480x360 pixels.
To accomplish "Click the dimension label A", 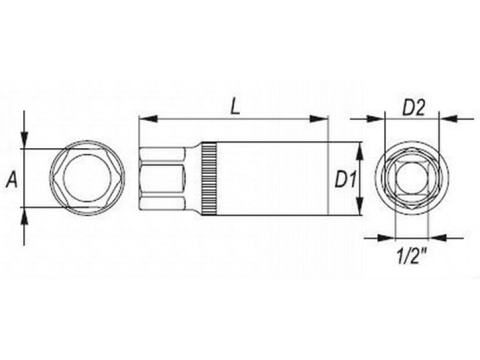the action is coord(12,179).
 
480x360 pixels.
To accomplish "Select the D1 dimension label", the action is coord(346,179).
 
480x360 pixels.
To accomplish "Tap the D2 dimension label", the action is coord(413,108).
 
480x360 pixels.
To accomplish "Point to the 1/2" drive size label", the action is coord(412,256).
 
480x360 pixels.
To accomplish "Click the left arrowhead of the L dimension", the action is coord(148,119).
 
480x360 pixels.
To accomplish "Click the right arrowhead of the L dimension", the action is coord(319,119).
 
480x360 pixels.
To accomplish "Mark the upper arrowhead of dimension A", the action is coord(24,140).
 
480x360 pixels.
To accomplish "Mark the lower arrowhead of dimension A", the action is coord(24,216).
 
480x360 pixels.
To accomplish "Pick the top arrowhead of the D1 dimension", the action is coord(361,151).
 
